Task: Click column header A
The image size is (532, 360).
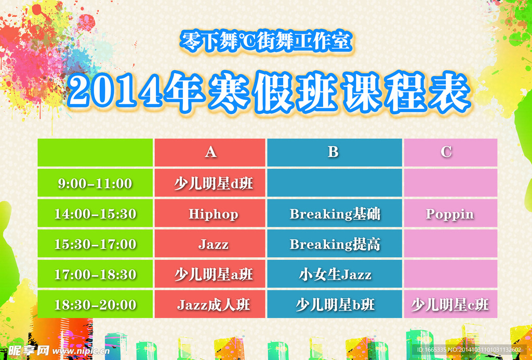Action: pos(210,152)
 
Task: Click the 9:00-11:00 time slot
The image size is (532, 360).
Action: pos(95,183)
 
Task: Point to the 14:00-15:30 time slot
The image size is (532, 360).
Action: pos(96,214)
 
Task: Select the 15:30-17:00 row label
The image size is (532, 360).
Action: pos(96,244)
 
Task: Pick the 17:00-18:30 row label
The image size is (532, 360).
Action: pos(96,274)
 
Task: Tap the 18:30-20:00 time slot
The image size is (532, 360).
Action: pos(96,305)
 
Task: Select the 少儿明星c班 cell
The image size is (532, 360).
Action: pos(450,305)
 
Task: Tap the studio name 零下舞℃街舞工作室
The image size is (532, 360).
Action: pos(266,42)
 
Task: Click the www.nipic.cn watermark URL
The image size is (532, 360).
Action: pos(81,351)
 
